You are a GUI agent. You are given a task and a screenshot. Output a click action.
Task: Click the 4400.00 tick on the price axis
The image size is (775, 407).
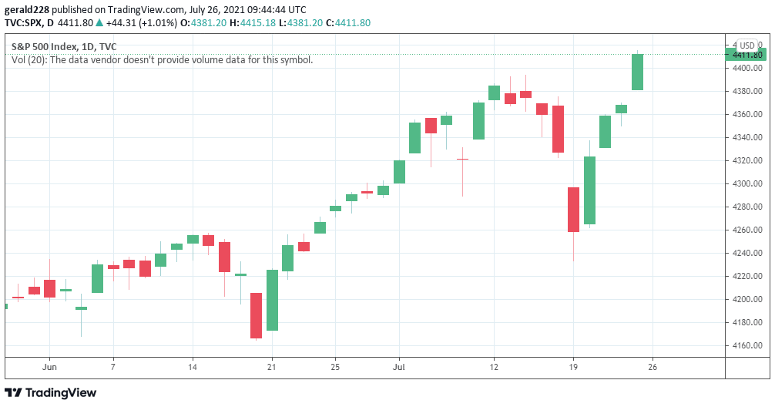point(746,68)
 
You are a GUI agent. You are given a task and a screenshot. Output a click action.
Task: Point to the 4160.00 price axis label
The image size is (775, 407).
point(746,345)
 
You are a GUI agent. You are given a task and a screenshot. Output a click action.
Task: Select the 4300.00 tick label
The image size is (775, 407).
point(746,183)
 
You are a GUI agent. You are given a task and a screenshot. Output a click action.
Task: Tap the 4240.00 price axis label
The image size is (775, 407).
point(746,253)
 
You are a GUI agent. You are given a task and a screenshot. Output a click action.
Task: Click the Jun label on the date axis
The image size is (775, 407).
point(50,366)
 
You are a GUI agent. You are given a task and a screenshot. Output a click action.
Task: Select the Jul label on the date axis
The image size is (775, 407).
point(399,366)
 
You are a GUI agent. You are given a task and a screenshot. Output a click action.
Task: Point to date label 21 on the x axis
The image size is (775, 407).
point(272,366)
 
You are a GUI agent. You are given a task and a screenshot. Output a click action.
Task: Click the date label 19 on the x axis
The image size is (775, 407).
point(573,366)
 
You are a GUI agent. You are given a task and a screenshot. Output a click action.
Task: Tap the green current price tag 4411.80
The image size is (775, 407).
point(746,55)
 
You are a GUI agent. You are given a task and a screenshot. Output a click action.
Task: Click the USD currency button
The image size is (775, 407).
point(746,45)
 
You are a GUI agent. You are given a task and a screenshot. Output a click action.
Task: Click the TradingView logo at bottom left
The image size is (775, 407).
point(51,392)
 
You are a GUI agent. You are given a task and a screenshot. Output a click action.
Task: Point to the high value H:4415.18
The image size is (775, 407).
point(256,23)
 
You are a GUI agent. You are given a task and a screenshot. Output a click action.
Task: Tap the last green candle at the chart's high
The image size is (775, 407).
point(637,72)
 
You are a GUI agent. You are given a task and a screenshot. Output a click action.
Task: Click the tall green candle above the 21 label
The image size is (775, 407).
point(272,300)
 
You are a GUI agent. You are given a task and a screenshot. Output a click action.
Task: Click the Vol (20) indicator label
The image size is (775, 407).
point(29,59)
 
